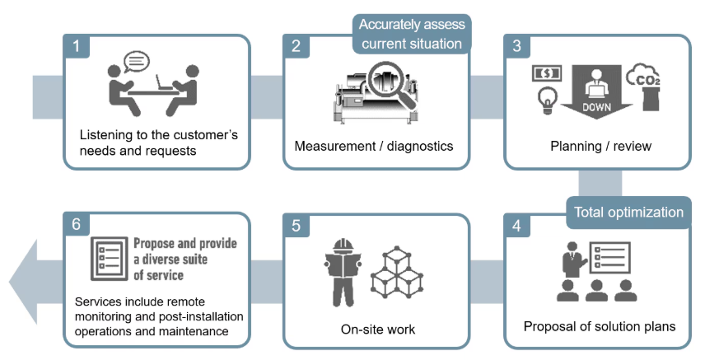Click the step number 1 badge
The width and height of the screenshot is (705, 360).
click(76, 45)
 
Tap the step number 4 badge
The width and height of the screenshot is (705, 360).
click(516, 226)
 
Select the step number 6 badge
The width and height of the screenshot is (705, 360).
click(76, 223)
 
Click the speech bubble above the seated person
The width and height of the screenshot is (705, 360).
click(136, 62)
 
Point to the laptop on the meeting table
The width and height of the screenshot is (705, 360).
click(165, 82)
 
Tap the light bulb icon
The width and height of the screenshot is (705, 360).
click(548, 101)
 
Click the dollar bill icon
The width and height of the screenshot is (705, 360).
click(547, 73)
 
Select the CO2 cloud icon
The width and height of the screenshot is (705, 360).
click(644, 75)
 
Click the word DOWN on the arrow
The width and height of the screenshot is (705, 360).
click(596, 107)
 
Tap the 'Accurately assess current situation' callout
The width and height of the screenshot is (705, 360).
click(412, 35)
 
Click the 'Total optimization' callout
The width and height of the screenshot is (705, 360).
click(628, 213)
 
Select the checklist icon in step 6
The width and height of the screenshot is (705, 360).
click(110, 259)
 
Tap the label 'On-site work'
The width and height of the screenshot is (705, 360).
click(378, 330)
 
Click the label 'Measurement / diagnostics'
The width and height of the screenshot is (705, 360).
click(374, 147)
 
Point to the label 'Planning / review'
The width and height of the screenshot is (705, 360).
click(600, 147)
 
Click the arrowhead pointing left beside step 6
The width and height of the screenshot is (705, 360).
click(23, 282)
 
